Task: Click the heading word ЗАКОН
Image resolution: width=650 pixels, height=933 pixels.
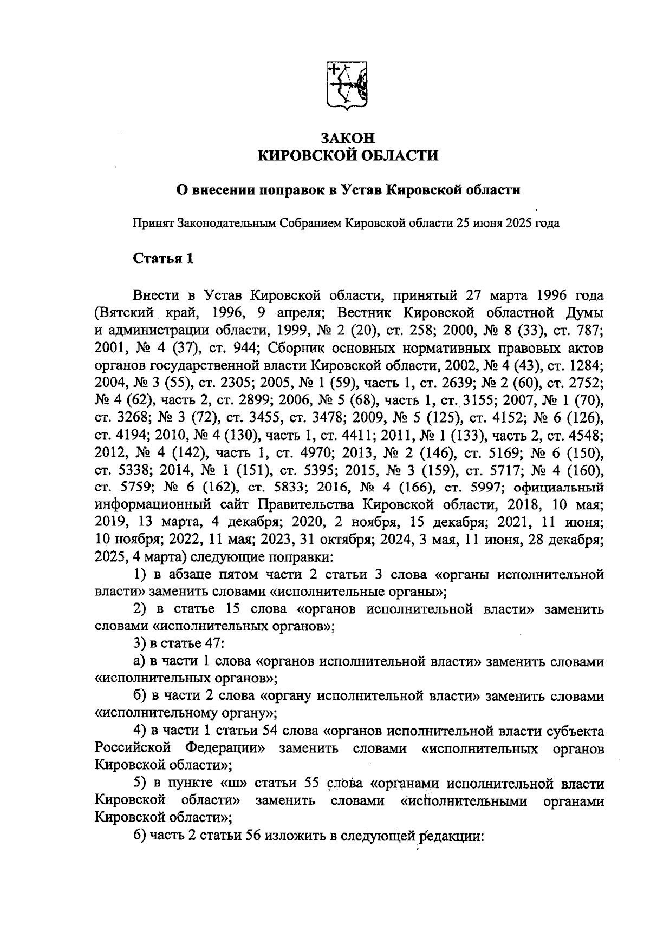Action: click(347, 138)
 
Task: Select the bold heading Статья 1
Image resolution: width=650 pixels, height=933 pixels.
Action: click(163, 258)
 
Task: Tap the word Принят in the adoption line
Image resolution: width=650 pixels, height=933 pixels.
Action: click(153, 223)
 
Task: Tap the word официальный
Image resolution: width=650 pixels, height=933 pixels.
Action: click(557, 487)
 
